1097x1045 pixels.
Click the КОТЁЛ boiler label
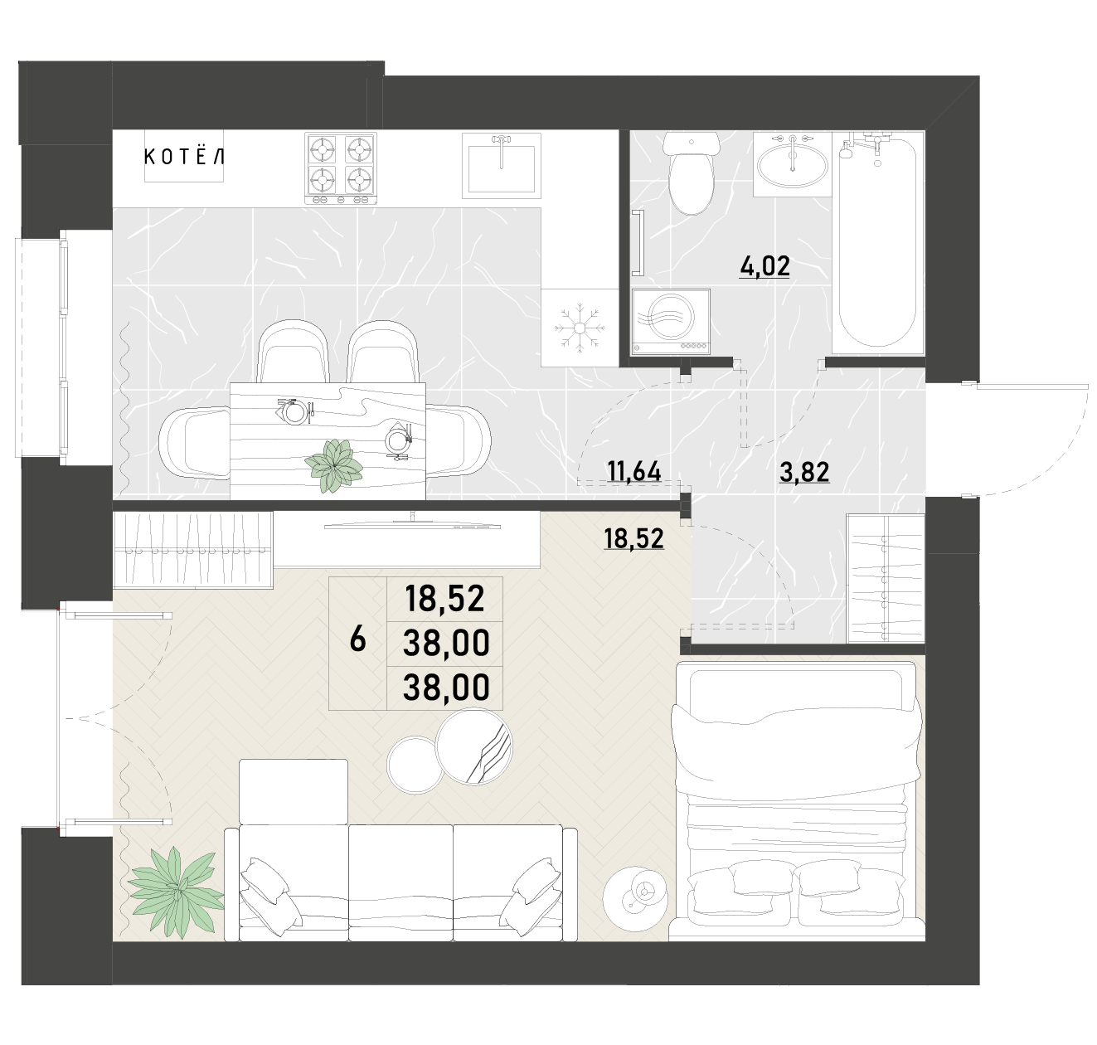183,158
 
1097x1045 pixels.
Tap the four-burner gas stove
340,168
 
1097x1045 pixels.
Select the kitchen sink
501,165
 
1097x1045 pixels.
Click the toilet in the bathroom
692,173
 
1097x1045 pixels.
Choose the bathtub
878,242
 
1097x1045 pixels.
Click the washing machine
672,322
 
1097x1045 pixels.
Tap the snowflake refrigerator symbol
580,328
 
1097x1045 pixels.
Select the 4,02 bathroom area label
765,266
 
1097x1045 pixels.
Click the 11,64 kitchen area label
633,472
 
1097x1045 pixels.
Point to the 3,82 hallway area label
804,472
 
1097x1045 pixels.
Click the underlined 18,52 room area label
633,539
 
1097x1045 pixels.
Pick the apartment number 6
357,639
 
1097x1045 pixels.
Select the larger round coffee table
473,746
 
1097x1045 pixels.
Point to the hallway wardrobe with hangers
886,578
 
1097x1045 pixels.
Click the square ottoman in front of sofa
294,791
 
